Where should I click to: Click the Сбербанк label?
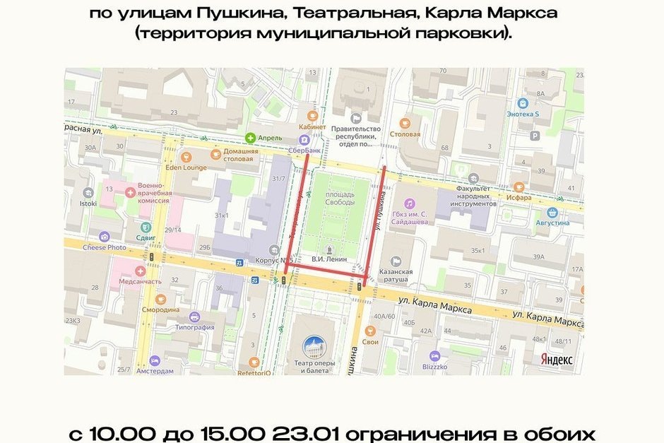305,150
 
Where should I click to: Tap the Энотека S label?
523,114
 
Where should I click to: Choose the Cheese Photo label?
105,247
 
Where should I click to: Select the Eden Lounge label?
186,167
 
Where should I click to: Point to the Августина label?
552,223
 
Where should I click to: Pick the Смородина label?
160,309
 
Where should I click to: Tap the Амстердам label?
154,371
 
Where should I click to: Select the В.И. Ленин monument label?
328,259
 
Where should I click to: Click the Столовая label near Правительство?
405,134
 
